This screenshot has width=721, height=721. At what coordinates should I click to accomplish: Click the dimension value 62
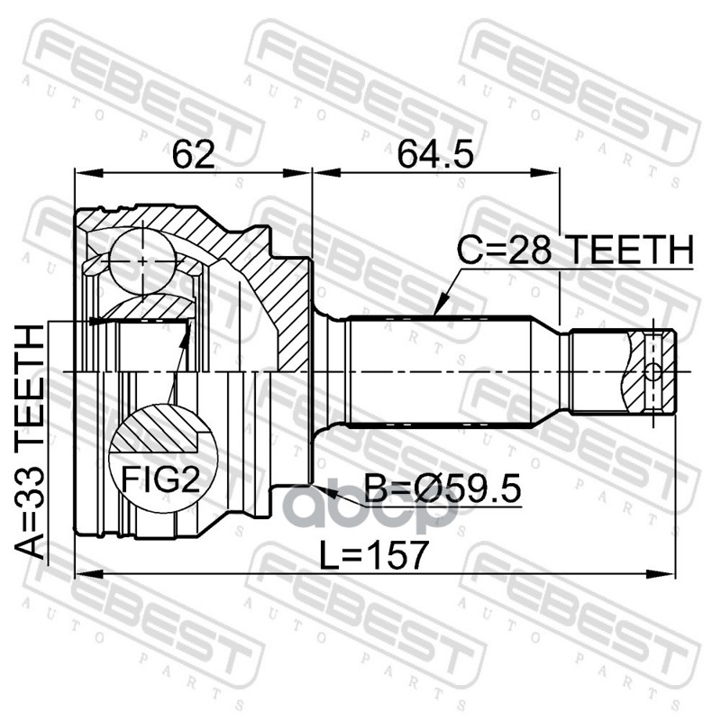coord(194,154)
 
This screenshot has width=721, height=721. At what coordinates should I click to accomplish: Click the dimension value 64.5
coord(435,154)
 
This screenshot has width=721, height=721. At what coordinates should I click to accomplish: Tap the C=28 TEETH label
coord(575,250)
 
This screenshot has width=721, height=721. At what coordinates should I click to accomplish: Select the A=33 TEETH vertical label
coord(30,442)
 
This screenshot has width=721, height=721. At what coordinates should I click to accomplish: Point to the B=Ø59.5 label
coord(443,488)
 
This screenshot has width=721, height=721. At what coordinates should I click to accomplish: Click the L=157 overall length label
coord(374,555)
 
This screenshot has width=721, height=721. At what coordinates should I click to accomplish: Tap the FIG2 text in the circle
coord(160,479)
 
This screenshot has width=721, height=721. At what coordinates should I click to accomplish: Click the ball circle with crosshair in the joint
coord(143,261)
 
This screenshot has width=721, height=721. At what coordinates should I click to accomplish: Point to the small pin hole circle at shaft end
coord(653,371)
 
